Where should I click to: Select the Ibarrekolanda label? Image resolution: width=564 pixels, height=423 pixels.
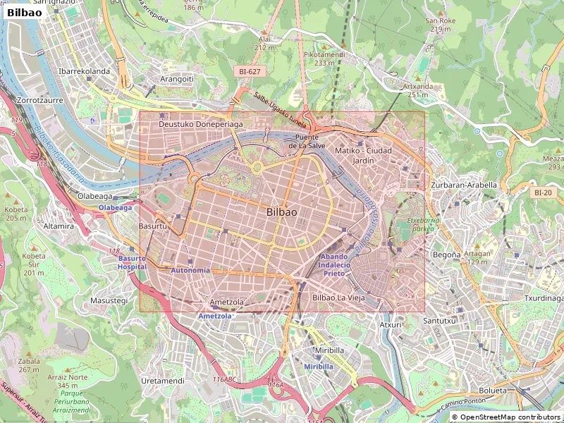point(84,71)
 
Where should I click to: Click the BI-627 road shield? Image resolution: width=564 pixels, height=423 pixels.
point(250,72)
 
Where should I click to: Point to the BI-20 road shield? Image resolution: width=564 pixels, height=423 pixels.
point(544,192)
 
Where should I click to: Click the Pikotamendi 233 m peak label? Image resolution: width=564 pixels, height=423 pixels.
point(324,59)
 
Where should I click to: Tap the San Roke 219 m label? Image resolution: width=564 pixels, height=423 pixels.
point(440,25)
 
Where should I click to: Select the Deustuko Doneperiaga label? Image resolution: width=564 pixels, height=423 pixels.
point(200,124)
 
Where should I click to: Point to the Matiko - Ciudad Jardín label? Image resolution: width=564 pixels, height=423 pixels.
point(363,155)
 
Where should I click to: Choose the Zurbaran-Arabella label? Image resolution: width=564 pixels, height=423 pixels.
point(463,185)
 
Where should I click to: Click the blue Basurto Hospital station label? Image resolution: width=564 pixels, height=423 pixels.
point(132,262)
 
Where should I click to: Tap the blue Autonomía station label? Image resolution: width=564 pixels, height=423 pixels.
point(190,271)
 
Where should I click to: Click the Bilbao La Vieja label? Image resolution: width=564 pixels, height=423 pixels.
point(338,298)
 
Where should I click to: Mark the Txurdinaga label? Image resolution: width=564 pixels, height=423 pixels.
point(544,298)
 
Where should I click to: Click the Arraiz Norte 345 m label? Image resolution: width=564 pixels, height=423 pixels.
point(67,381)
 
